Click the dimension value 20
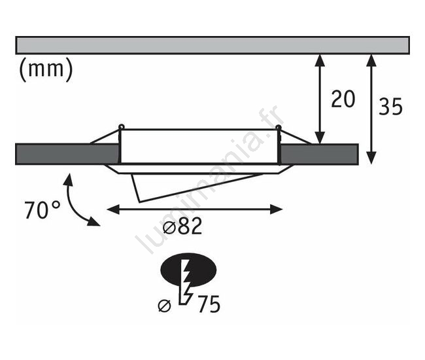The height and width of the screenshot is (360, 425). tap(342, 99)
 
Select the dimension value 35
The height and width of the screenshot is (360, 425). tap(390, 107)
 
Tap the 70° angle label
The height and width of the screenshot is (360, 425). tap(42, 210)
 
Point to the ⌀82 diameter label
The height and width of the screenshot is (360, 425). tap(179, 227)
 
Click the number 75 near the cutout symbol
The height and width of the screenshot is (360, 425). tap(206, 304)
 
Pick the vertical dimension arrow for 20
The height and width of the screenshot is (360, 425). tap(320, 99)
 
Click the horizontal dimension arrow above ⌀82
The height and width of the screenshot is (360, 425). tap(194, 209)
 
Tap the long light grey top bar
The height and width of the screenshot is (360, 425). tap(212, 45)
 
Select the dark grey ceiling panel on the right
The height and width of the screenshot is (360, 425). tap(319, 153)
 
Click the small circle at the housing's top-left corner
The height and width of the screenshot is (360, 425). tap(121, 127)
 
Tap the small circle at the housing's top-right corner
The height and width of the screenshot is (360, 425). tap(279, 128)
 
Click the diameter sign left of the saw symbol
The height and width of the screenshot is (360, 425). tap(165, 304)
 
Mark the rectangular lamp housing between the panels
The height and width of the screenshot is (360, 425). tap(199, 147)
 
